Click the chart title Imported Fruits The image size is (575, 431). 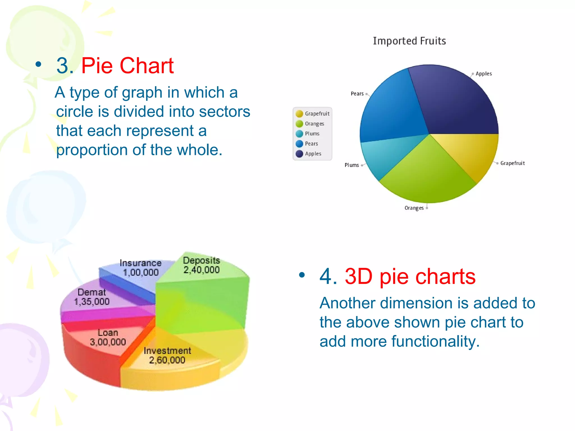[409, 41]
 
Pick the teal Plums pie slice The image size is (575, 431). [385, 157]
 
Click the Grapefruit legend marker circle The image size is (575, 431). [299, 114]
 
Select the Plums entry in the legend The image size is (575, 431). [312, 134]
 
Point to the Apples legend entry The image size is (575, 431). [313, 154]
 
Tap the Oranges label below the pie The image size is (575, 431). [414, 208]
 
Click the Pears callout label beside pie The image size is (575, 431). [357, 94]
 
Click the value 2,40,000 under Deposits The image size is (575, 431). [201, 270]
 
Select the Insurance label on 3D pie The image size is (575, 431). [140, 263]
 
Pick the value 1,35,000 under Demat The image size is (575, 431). [92, 302]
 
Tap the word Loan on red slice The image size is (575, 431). [108, 333]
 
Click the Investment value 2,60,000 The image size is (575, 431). [167, 360]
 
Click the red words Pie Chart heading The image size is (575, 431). [127, 66]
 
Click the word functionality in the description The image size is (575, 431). [435, 341]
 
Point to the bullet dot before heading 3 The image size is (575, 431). [38, 65]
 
